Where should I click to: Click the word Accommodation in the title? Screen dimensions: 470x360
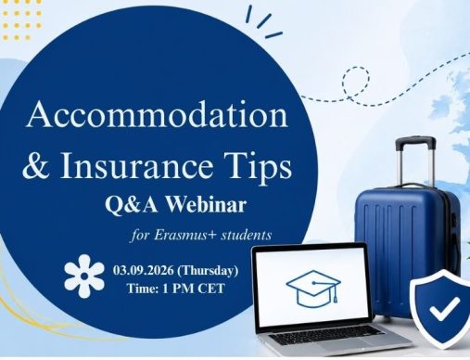pyautogui.click(x=158, y=115)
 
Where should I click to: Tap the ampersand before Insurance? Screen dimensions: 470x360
pyautogui.click(x=36, y=165)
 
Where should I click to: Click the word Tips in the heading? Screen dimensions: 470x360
pyautogui.click(x=257, y=168)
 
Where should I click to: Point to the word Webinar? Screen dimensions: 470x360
pyautogui.click(x=207, y=204)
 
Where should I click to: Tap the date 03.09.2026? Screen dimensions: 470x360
pyautogui.click(x=143, y=270)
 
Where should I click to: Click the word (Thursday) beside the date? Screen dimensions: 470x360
pyautogui.click(x=209, y=271)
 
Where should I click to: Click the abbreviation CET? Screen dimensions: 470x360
pyautogui.click(x=211, y=289)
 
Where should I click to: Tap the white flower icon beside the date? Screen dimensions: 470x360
pyautogui.click(x=84, y=276)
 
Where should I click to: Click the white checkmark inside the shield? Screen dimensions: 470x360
pyautogui.click(x=445, y=308)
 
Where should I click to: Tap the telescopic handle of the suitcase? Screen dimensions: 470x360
pyautogui.click(x=416, y=161)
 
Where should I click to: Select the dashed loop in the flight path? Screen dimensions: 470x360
pyautogui.click(x=356, y=83)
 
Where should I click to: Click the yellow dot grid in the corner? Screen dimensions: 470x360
pyautogui.click(x=21, y=20)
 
